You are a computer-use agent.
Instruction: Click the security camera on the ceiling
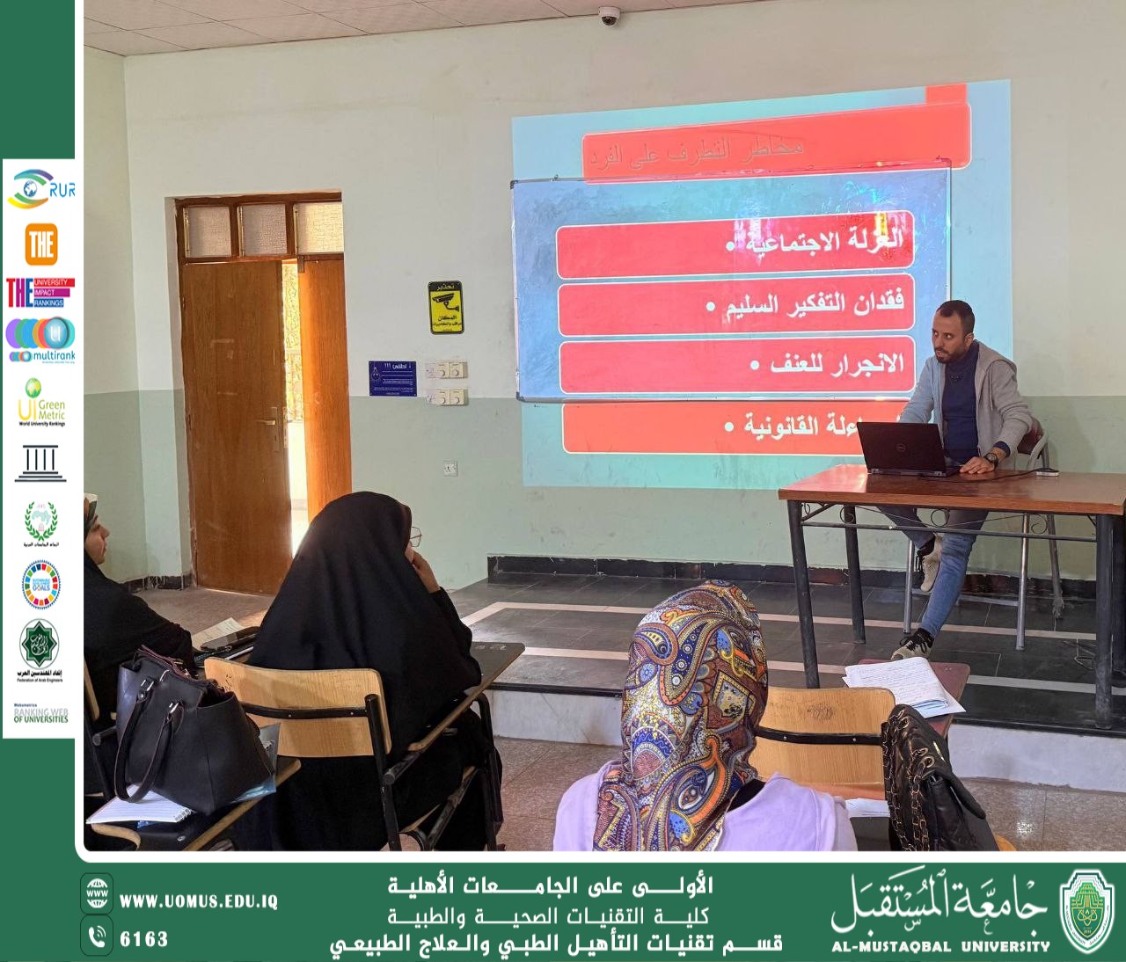coord(609,15)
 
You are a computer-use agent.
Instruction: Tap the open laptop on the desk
coord(906,448)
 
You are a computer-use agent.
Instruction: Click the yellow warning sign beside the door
coord(445,307)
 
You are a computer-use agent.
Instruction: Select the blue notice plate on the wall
coord(392,378)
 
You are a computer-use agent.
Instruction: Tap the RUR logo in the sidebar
coord(40,188)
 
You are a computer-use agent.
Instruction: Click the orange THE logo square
coord(40,244)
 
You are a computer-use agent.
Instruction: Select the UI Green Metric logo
coord(40,403)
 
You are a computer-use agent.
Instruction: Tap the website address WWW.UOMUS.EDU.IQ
coord(198,901)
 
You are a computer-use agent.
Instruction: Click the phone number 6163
coord(143,939)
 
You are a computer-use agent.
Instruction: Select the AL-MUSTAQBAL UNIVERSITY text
coord(940,946)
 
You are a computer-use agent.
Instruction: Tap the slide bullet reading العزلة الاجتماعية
coord(818,242)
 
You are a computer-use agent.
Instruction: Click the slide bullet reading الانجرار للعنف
coord(827,364)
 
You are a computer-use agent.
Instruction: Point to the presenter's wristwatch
coord(992,458)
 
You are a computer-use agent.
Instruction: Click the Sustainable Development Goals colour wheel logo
coord(40,584)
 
